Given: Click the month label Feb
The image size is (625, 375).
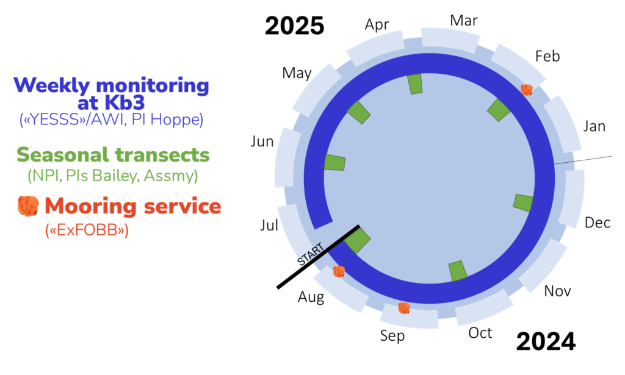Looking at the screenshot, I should [547, 57].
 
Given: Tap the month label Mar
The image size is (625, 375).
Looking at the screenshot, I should [464, 21].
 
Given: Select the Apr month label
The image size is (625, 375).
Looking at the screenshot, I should [377, 25].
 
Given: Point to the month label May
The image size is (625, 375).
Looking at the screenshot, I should [297, 74].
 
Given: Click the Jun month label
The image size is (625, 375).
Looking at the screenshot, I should [262, 142].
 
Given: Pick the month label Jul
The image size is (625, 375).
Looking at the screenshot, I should [269, 226].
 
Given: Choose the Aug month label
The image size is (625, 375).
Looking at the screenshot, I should [311, 298].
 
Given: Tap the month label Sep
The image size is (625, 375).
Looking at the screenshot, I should [392, 336].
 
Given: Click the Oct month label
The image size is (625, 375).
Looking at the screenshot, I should [480, 333].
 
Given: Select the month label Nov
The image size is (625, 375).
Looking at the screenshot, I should [557, 291].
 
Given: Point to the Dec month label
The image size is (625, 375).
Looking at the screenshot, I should [598, 223].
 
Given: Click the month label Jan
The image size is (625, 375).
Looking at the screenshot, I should [594, 127].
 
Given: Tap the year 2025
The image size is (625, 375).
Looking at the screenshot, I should [294, 26].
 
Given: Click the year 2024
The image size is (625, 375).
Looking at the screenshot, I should [546, 342].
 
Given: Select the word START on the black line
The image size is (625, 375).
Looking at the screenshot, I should [310, 254].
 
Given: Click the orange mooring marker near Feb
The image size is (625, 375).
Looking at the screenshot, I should [527, 90].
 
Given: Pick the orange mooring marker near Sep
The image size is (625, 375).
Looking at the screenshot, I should [403, 308].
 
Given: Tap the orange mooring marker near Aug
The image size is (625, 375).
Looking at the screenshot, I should [339, 271].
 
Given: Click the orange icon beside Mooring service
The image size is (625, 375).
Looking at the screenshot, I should [28, 207].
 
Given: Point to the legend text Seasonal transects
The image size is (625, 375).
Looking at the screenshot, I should [113, 155].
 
